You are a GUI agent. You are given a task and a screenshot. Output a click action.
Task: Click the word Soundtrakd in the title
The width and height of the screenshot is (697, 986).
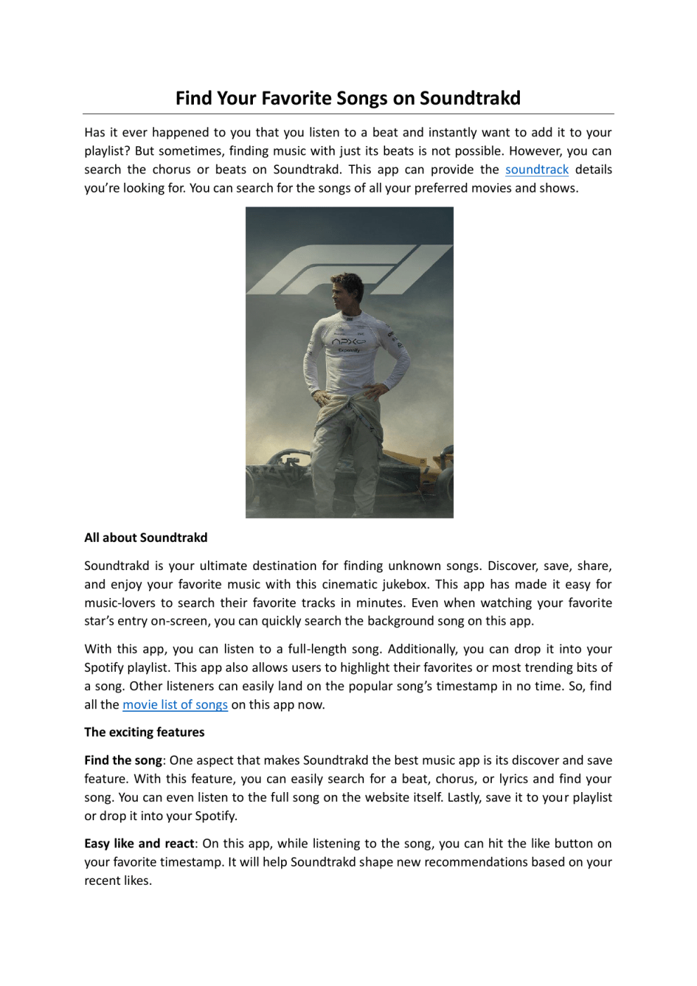[x=469, y=98]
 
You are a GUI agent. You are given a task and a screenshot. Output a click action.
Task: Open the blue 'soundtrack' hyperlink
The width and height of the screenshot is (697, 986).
[x=537, y=169]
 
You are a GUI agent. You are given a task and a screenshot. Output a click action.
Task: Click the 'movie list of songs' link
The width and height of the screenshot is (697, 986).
[x=175, y=704]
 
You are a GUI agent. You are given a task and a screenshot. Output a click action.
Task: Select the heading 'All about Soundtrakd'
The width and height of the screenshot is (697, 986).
[x=145, y=538]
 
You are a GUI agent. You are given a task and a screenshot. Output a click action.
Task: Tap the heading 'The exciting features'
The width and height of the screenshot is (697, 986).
[x=144, y=732]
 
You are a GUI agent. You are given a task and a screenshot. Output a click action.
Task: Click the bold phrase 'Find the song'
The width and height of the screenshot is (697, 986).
[x=123, y=760]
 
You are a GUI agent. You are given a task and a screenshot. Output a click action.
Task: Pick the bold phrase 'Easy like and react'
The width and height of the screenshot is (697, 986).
[x=139, y=843]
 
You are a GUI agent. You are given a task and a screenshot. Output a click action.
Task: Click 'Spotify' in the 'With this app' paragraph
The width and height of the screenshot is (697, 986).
[x=104, y=667]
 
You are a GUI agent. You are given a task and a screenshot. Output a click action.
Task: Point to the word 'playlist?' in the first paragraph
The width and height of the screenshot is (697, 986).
[x=107, y=151]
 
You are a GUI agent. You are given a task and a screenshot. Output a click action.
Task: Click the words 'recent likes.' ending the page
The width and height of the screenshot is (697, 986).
[x=118, y=881]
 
